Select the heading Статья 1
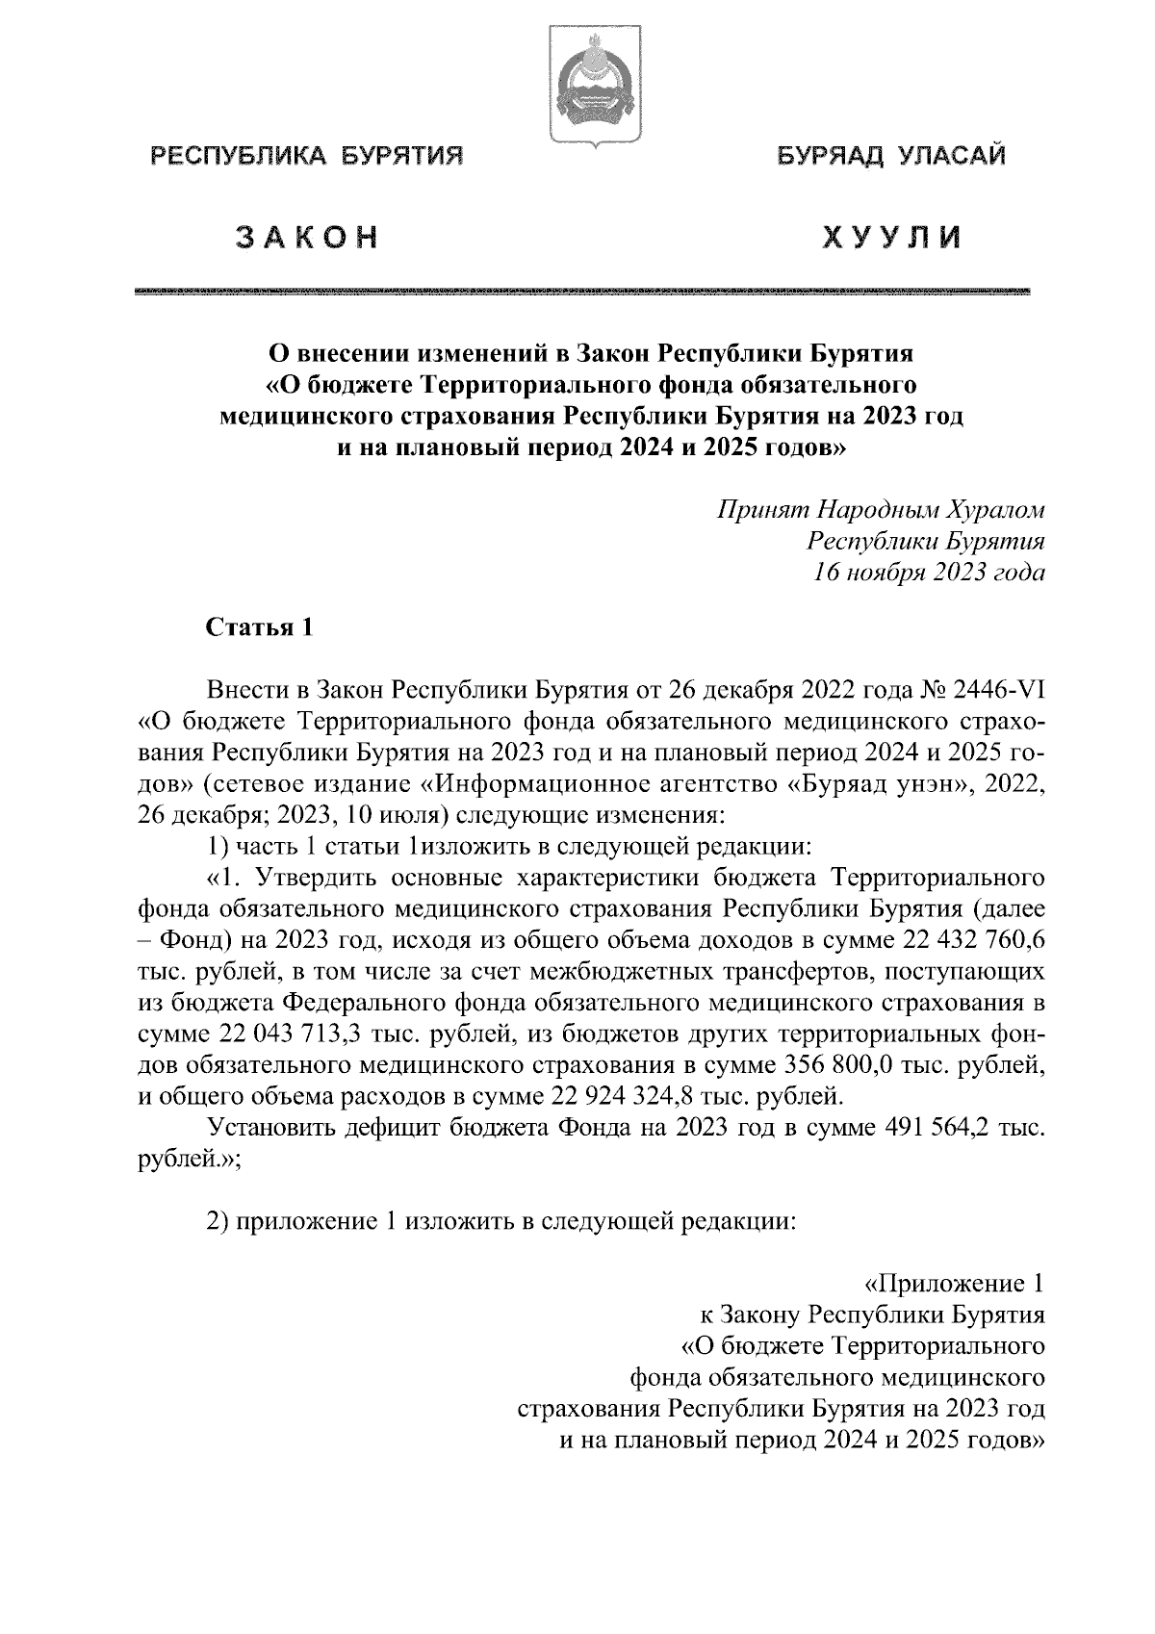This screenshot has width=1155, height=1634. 260,627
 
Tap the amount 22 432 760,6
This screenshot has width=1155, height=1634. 976,940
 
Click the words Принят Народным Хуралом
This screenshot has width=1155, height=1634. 880,510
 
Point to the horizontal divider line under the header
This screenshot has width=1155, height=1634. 582,290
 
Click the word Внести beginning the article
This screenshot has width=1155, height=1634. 247,691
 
